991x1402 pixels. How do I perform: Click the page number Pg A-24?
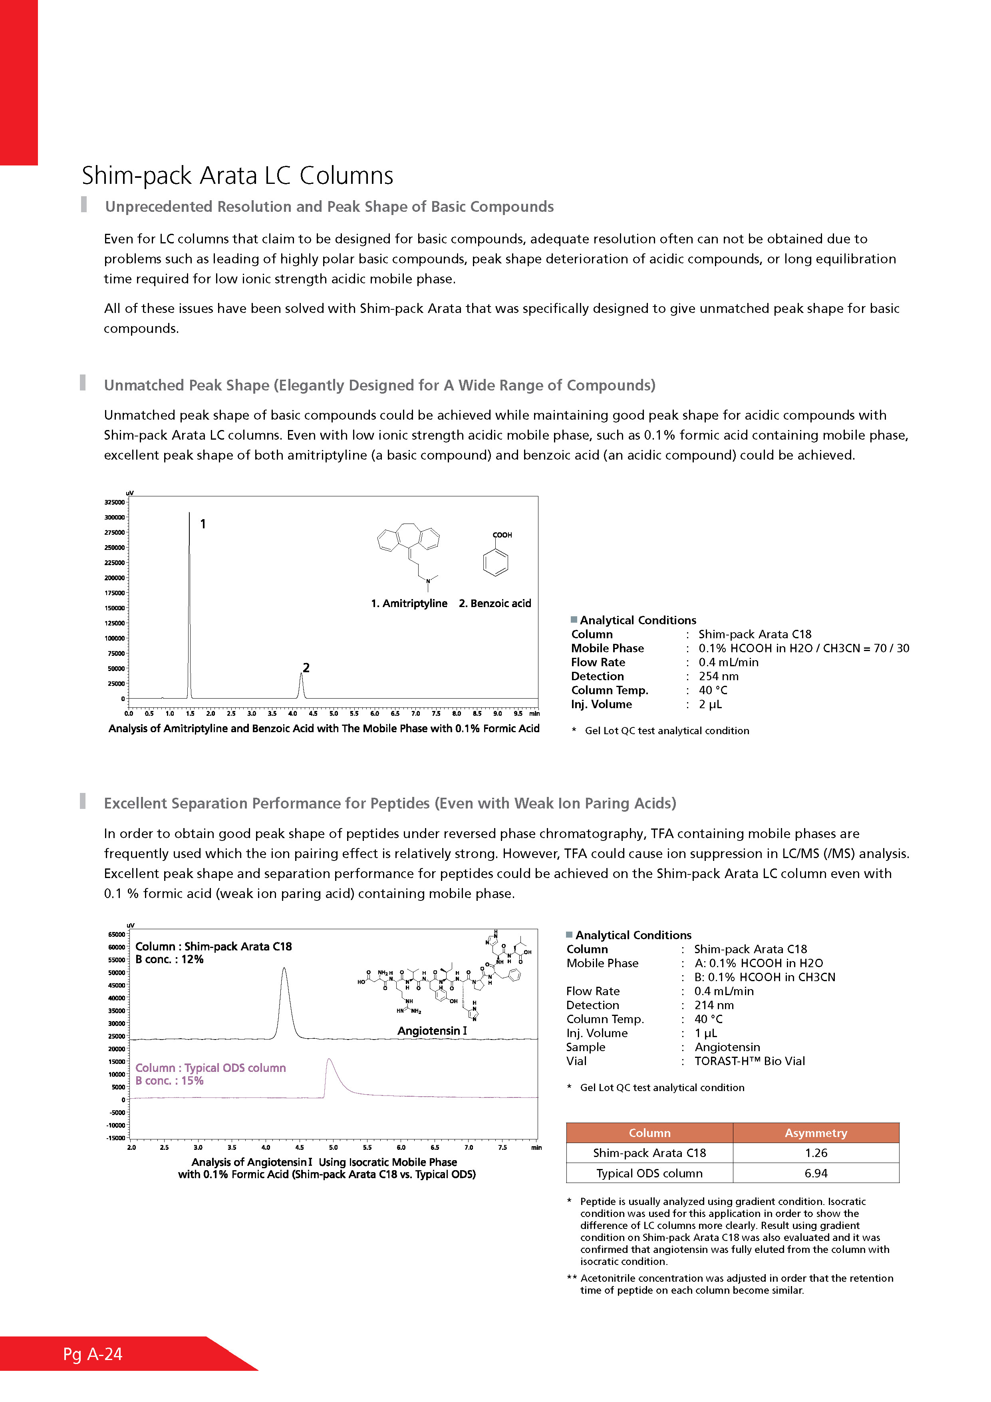coord(93,1354)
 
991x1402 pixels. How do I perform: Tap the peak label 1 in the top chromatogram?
coord(203,524)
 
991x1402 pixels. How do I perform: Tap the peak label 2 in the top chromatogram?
coord(306,667)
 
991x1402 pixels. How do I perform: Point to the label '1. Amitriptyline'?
coord(409,603)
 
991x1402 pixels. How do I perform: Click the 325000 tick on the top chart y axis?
coord(114,502)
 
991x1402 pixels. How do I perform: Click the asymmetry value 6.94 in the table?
coord(816,1173)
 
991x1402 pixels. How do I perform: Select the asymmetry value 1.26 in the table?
coord(816,1153)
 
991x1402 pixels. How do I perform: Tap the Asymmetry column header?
coord(816,1133)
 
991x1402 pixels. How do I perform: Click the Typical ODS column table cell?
coord(649,1173)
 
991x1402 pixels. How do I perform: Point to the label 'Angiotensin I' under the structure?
coord(432,1031)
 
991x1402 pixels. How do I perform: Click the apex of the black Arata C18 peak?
coord(284,968)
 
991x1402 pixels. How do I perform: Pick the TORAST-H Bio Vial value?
coord(749,1061)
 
